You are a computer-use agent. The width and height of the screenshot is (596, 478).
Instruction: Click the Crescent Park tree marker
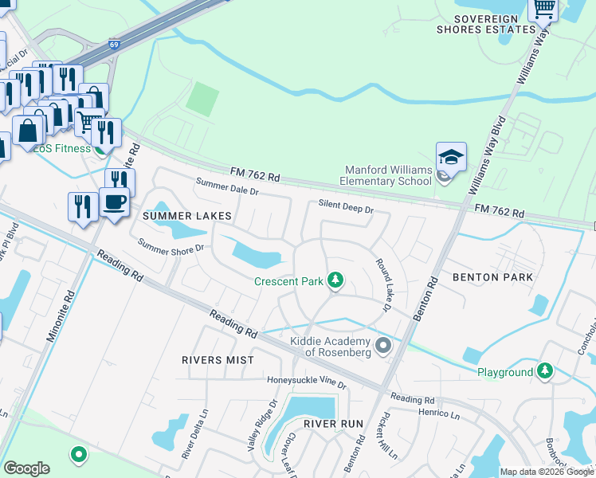click(336, 280)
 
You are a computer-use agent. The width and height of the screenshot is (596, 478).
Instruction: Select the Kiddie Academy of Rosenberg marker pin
click(383, 346)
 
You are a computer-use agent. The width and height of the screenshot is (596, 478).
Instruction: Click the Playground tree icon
click(545, 371)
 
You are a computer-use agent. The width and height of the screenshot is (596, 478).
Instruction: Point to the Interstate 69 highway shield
click(115, 45)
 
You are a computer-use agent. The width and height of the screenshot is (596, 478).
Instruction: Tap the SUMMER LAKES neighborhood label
click(187, 216)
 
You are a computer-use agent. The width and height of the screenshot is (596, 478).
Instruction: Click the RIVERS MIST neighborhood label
click(218, 360)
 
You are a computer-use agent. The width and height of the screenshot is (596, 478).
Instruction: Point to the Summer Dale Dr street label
click(227, 187)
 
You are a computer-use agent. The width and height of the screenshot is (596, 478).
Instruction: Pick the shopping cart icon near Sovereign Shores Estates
click(543, 10)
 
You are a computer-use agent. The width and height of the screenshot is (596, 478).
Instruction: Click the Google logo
click(26, 468)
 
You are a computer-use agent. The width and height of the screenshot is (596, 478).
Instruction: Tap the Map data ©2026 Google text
click(547, 472)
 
